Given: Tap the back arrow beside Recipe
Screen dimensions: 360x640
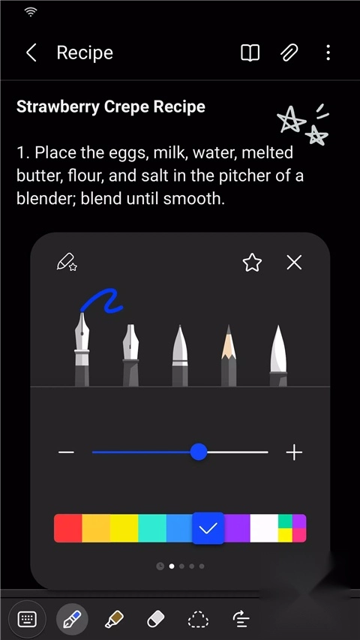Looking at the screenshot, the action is point(31,53).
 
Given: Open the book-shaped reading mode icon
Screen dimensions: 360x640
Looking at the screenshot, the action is point(250,53).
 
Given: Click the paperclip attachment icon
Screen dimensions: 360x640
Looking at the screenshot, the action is point(289,53).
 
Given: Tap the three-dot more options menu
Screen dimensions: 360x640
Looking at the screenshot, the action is point(328,53).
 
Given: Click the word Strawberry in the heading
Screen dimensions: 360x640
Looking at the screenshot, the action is point(58,107).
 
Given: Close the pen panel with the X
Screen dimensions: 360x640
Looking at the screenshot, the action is point(294,263).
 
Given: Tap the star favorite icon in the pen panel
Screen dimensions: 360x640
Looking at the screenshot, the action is point(252,263).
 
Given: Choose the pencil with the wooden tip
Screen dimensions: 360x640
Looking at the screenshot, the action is point(229,355).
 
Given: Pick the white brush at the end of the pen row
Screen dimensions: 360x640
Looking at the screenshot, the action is point(278,355).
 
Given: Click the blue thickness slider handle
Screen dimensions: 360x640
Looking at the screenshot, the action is point(199,452).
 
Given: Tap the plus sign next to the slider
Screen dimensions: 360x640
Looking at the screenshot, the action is point(294,452).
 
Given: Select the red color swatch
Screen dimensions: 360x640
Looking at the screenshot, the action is point(68,528).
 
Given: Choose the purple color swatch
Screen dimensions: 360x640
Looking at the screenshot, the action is point(237,528).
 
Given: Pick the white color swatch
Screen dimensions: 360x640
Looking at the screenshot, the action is point(264,528).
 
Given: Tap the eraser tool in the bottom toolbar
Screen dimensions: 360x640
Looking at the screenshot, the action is point(155,619).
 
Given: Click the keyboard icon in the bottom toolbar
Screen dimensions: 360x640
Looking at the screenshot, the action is point(27,619).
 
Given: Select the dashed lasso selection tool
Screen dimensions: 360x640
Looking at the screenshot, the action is point(198,619).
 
